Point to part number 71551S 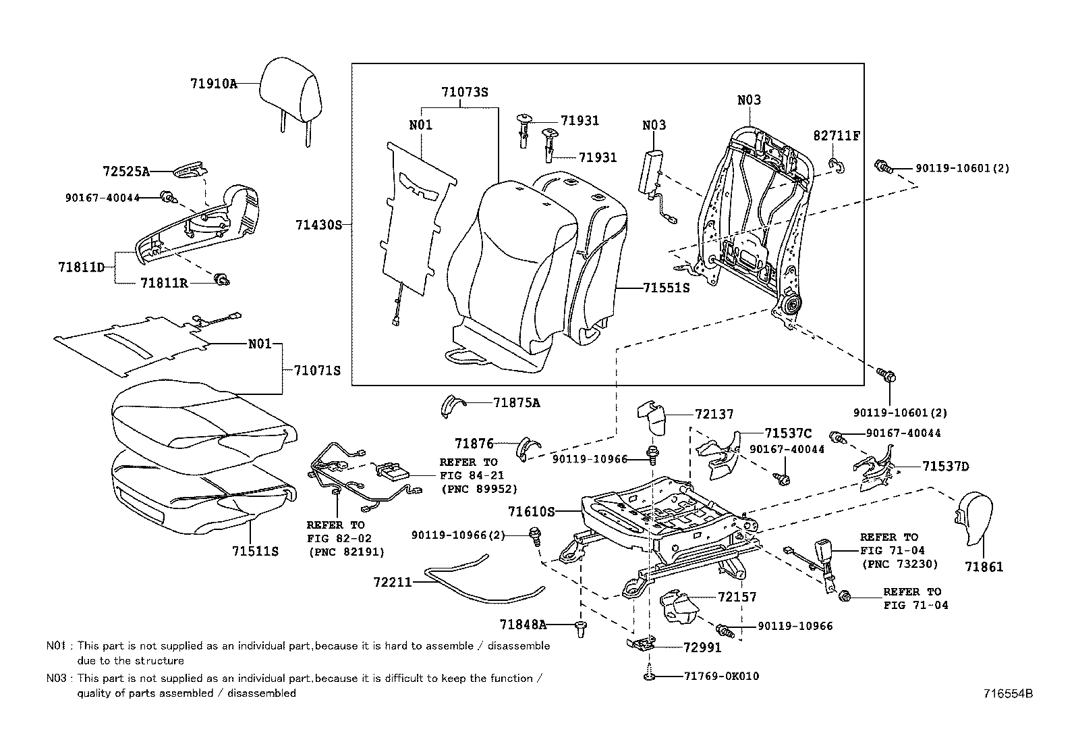(666, 288)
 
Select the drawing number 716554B (1008, 693)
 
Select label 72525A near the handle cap (126, 171)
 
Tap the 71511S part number (255, 551)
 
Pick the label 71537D (945, 466)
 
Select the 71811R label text (164, 283)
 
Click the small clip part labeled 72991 (642, 644)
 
